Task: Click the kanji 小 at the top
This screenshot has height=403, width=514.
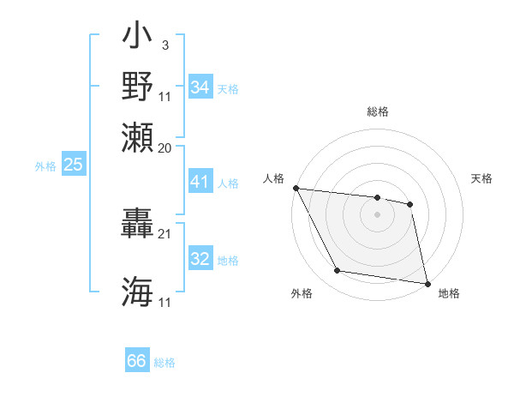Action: pyautogui.click(x=138, y=39)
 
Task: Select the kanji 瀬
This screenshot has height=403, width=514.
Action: pyautogui.click(x=138, y=137)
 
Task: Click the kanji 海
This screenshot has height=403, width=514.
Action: pyautogui.click(x=138, y=292)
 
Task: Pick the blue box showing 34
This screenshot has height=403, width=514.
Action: pyautogui.click(x=200, y=88)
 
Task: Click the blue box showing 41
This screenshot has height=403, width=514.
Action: pyautogui.click(x=200, y=183)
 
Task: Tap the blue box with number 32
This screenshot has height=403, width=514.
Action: pyautogui.click(x=200, y=260)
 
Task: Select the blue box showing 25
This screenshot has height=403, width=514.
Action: pyautogui.click(x=73, y=165)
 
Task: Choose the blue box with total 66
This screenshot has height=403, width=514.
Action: pyautogui.click(x=136, y=362)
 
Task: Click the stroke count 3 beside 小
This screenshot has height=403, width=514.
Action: pyautogui.click(x=164, y=45)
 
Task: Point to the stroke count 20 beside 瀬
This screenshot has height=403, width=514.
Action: pyautogui.click(x=165, y=147)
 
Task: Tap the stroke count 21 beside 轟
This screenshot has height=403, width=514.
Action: pyautogui.click(x=165, y=233)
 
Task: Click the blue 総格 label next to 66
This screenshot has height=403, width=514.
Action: pyautogui.click(x=164, y=363)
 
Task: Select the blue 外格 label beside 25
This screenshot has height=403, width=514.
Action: pyautogui.click(x=45, y=166)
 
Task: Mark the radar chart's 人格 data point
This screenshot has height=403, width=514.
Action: pyautogui.click(x=296, y=188)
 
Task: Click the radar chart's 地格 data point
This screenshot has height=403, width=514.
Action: pyautogui.click(x=427, y=282)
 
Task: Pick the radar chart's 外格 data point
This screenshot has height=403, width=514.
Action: pyautogui.click(x=338, y=271)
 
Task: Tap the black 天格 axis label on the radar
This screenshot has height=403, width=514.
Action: pyautogui.click(x=481, y=178)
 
